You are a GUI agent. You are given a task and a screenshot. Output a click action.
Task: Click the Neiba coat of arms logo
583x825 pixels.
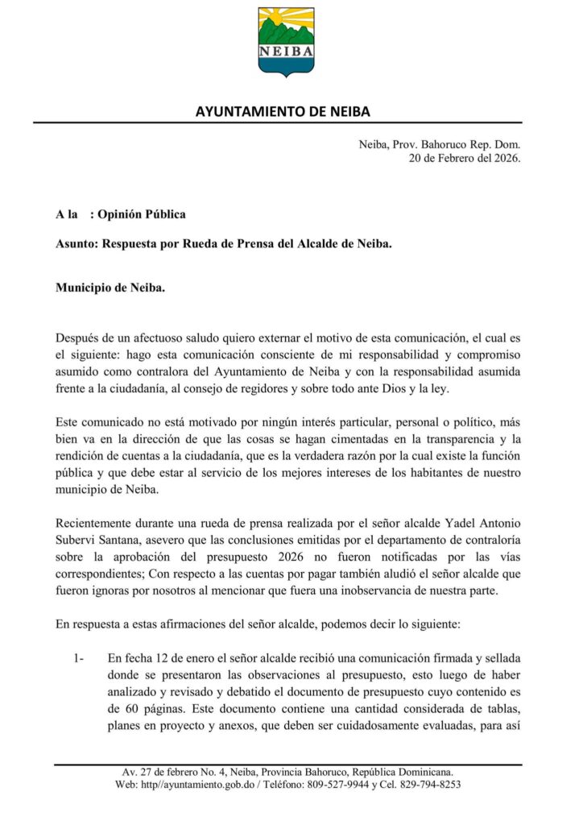[286, 41]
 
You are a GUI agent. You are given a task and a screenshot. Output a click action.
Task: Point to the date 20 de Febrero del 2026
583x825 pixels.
[465, 159]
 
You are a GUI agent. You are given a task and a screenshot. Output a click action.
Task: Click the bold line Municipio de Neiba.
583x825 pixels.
[110, 287]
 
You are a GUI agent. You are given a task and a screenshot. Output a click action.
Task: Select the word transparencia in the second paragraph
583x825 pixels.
[454, 439]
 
